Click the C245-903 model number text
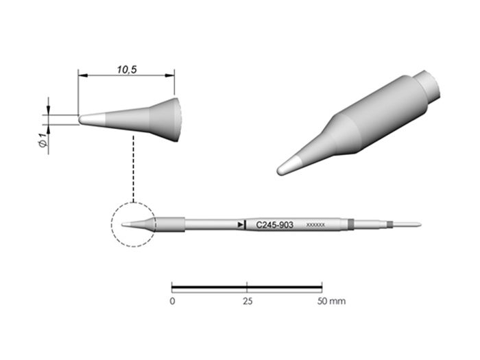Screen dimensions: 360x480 pos(274,224)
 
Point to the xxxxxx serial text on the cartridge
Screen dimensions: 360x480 pos(315,225)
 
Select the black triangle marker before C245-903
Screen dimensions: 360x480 pos(240,224)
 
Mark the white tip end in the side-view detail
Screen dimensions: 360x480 pos(85,119)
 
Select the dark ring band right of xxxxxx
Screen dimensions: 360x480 pos(351,224)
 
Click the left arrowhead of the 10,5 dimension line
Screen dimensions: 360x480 pos(81,75)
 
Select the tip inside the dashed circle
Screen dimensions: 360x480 pos(133,224)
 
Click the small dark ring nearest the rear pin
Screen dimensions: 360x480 pos(389,224)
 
